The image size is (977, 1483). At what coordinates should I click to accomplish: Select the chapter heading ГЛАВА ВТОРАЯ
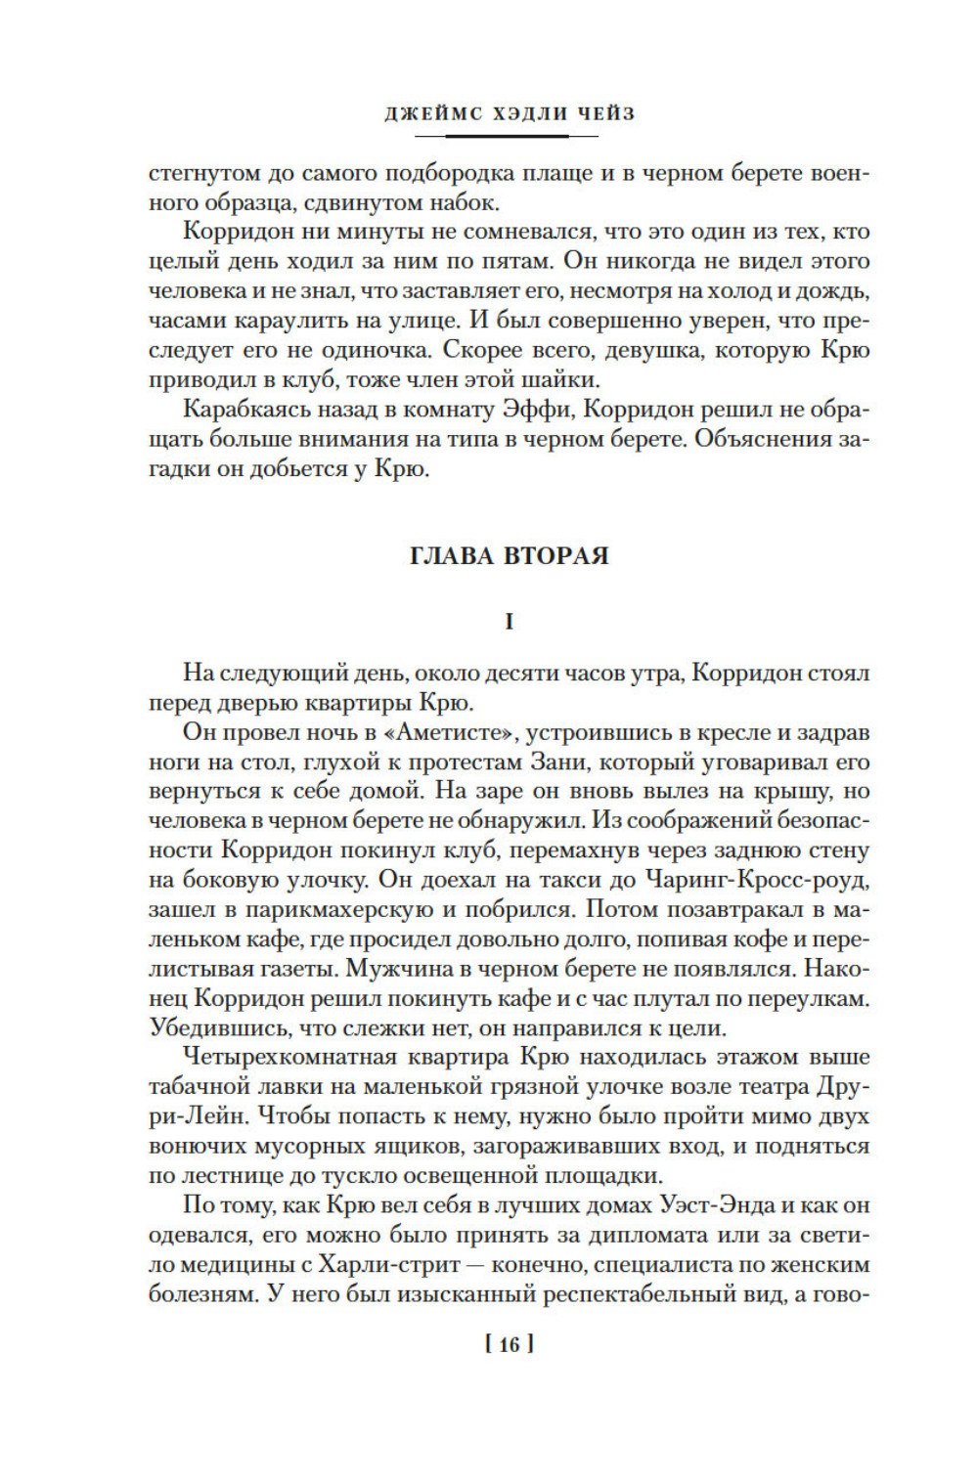point(509,555)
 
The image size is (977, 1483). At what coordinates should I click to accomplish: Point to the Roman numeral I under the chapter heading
point(509,622)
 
